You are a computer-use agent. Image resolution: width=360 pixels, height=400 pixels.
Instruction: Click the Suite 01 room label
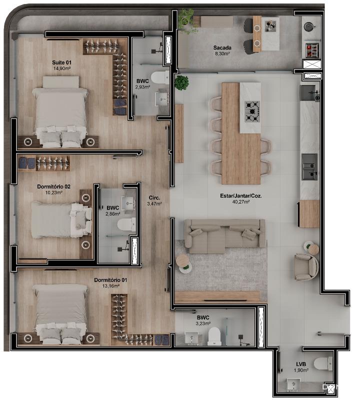click(61, 62)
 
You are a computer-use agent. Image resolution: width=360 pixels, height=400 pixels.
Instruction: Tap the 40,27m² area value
click(241, 202)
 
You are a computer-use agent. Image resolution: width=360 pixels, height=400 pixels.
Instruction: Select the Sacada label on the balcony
click(222, 47)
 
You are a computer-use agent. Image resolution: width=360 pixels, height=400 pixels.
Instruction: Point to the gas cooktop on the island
click(252, 111)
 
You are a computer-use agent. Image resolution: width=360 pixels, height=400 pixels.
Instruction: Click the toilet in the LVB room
click(322, 363)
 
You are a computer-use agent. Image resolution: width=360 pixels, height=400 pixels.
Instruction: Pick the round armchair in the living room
click(305, 267)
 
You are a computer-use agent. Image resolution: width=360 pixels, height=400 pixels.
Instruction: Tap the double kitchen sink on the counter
click(309, 167)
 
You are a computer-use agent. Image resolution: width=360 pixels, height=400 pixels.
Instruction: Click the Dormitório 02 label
click(53, 186)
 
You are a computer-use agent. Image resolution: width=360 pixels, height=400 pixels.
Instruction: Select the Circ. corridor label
click(154, 197)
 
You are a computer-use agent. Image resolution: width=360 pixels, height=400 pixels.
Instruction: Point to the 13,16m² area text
click(110, 286)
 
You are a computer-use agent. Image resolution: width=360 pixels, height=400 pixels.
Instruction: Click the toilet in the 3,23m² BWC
click(214, 335)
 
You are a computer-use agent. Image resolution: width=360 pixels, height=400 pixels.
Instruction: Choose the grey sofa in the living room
click(224, 236)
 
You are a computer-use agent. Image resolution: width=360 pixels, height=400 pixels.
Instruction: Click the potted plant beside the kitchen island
click(181, 82)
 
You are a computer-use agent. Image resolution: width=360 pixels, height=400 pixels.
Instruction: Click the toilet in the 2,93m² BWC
click(160, 77)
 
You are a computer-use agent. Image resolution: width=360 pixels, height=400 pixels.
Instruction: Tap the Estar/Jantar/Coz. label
click(241, 196)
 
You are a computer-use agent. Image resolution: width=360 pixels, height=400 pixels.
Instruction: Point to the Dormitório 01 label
click(110, 280)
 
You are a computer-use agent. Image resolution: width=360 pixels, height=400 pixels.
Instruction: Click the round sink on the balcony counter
click(308, 26)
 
